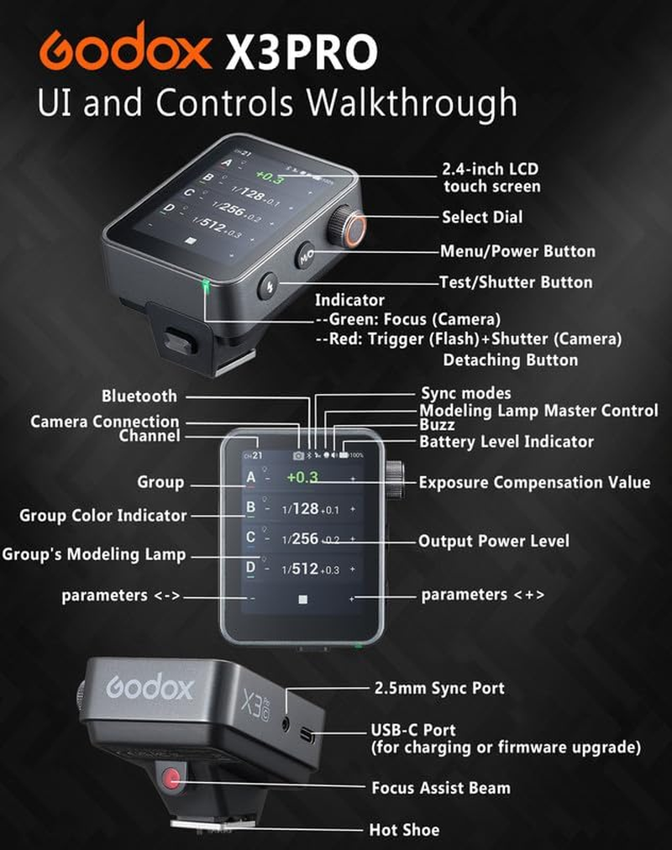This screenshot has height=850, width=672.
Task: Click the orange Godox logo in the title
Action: pos(124,50)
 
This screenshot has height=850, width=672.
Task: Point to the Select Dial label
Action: pos(482,218)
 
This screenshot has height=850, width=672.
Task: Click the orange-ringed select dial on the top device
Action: pos(345,226)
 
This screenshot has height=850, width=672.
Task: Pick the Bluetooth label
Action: pos(139,396)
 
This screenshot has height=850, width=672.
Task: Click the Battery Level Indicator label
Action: pos(507,442)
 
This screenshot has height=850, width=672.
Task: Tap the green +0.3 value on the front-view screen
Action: pos(302,478)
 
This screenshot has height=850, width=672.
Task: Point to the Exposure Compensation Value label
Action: pos(534,483)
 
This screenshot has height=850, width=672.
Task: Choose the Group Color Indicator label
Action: pos(102,516)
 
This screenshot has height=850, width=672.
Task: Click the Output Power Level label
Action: pos(494,542)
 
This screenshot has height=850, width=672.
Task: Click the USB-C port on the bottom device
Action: pos(307,737)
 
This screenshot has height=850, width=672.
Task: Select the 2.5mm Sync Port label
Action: pos(438,688)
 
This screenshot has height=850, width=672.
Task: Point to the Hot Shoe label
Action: pos(404,830)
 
